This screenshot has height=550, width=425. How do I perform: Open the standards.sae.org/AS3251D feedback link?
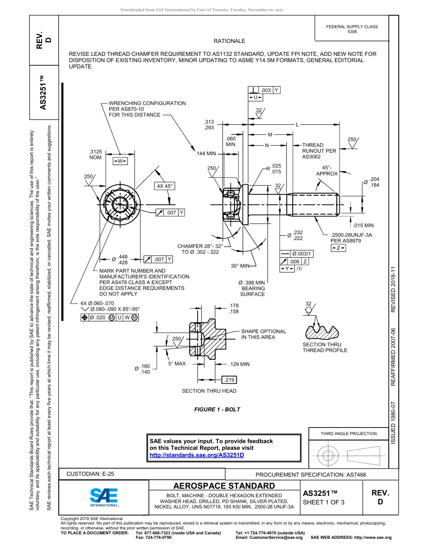[196, 455]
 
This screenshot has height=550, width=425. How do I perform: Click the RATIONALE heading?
[229, 41]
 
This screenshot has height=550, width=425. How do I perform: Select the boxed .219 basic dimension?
[229, 380]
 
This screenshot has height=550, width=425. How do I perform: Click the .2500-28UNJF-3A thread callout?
[351, 237]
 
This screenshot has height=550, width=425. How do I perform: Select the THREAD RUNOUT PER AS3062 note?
[319, 151]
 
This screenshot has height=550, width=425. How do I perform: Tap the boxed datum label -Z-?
[338, 248]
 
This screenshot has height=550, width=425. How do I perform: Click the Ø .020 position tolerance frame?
[110, 317]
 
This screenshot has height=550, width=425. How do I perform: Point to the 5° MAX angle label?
[177, 364]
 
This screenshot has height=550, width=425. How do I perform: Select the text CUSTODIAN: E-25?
[93, 474]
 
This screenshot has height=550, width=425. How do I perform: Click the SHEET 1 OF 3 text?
[323, 502]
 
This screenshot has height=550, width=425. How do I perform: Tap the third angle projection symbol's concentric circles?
[328, 456]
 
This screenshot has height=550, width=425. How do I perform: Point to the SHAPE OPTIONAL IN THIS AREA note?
[263, 334]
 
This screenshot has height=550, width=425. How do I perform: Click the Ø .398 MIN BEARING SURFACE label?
[252, 288]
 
